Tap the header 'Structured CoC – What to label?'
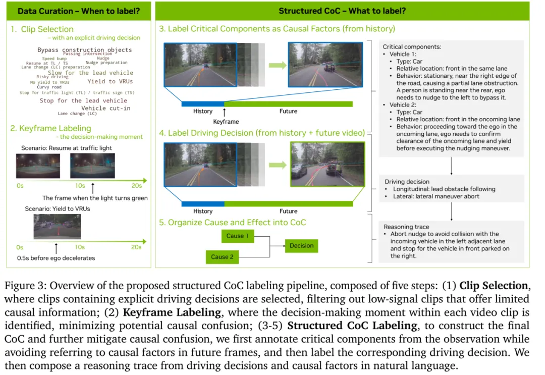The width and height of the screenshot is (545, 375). point(343,11)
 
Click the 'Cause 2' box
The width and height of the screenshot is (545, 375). point(222,257)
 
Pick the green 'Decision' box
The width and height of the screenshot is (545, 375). point(301,246)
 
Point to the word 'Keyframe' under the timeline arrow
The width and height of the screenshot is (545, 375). point(226,122)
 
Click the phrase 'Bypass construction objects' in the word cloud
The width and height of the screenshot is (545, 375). point(84,50)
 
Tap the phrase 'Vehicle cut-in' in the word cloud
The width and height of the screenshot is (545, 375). point(105,108)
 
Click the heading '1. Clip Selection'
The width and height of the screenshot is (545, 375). point(42,29)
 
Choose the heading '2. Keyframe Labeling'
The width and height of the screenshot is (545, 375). point(50,128)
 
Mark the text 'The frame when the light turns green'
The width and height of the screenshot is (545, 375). point(95,198)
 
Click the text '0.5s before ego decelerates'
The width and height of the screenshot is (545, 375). point(56,258)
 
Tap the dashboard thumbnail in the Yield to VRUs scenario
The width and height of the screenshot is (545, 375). point(57,227)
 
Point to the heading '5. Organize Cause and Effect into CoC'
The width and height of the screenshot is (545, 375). point(233,222)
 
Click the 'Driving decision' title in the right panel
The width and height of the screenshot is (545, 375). point(407,182)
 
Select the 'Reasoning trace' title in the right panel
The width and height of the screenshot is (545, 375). point(407,227)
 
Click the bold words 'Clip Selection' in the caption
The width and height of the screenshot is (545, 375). point(494,286)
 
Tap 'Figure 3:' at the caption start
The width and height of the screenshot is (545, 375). point(24,286)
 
